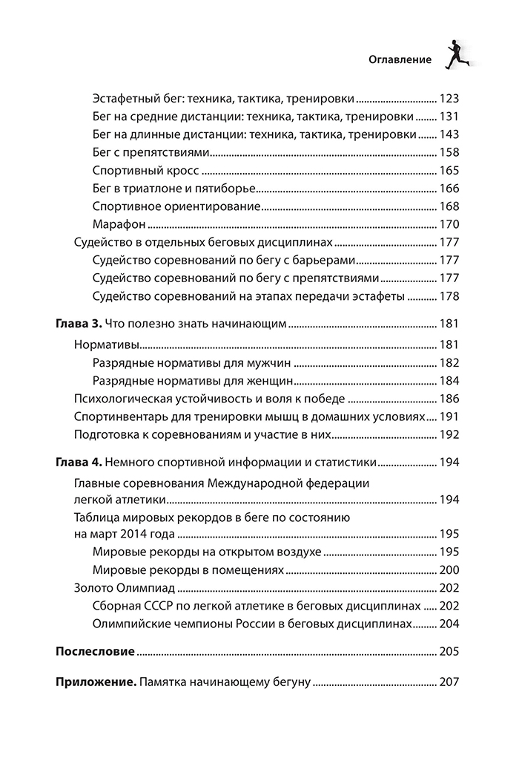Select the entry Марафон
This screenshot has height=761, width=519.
[x=118, y=223]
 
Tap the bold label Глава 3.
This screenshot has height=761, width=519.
[x=79, y=324]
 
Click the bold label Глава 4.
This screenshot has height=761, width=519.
[x=79, y=462]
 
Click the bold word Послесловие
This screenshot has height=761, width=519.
[x=96, y=652]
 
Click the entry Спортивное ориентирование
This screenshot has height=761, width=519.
[x=176, y=206]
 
